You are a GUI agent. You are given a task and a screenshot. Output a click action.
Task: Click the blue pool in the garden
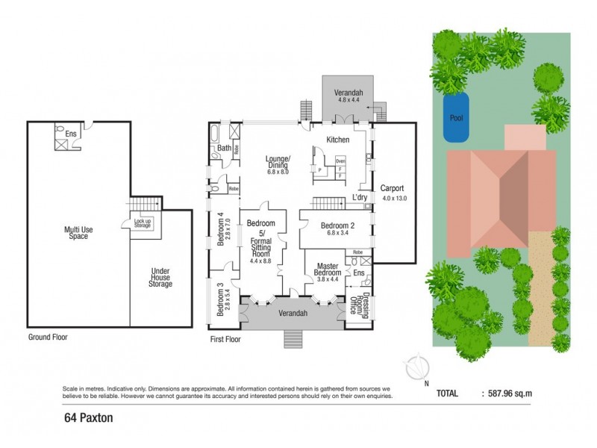[x=456, y=118]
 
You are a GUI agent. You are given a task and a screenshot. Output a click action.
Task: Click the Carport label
[x=392, y=193]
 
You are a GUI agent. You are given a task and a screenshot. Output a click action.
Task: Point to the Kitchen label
[x=338, y=140]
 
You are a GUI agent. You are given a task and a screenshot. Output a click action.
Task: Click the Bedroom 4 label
[x=220, y=230]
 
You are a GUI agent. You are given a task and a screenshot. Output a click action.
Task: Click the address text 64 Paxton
[x=88, y=418]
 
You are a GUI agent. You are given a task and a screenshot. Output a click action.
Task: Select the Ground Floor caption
[x=48, y=337]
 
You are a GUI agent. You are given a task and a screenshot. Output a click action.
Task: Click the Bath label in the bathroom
[x=224, y=149]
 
